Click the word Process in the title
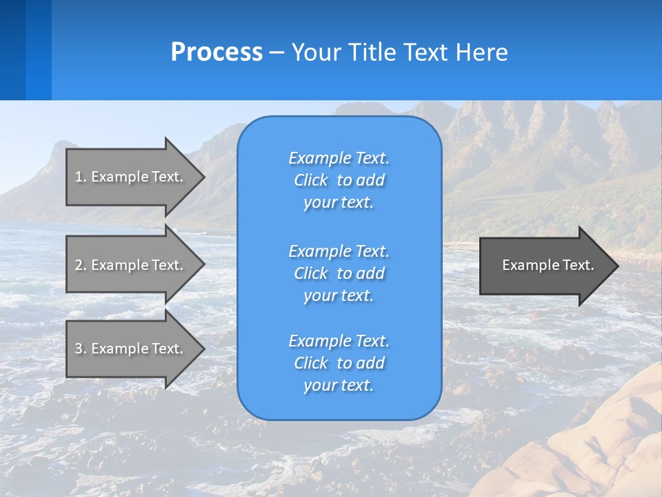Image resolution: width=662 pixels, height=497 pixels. pos(217,52)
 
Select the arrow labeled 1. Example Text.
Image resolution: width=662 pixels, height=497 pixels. pos(131,177)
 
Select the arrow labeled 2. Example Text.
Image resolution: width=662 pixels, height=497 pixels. pos(131,265)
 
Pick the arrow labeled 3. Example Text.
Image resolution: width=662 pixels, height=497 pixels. pos(131,349)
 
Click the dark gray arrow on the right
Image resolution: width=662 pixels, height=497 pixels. pos(545,265)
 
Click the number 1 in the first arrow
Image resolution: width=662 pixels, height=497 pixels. pos(79,177)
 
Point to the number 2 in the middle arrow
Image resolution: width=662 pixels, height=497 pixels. pos(79,265)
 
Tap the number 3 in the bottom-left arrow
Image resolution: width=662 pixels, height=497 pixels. pos(79,349)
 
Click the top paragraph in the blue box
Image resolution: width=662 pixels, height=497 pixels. pos(339,180)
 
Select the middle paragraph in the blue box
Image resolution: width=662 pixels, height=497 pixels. pos(339,273)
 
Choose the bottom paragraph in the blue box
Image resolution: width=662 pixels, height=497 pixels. pos(339,363)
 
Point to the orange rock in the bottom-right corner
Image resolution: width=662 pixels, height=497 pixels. pos(600,442)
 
